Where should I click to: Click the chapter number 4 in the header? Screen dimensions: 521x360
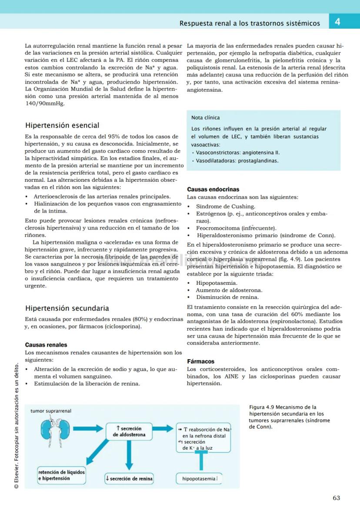(x=337, y=22)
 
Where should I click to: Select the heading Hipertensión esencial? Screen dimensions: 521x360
(x=62, y=126)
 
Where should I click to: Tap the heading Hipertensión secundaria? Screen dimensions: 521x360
(x=67, y=308)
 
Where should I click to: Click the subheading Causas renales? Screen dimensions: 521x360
(x=46, y=345)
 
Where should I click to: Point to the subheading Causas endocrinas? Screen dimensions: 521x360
(x=213, y=190)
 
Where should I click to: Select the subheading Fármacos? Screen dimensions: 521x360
(x=200, y=361)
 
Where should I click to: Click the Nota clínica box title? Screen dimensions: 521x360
(x=205, y=117)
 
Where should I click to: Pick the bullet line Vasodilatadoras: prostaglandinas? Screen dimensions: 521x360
(x=237, y=160)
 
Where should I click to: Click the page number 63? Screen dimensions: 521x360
(x=336, y=498)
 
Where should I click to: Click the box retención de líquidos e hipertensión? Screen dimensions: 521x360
(x=62, y=475)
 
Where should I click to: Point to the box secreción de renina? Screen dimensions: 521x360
(x=129, y=478)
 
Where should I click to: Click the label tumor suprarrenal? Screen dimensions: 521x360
(x=51, y=411)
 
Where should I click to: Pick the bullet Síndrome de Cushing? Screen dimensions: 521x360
(x=225, y=207)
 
